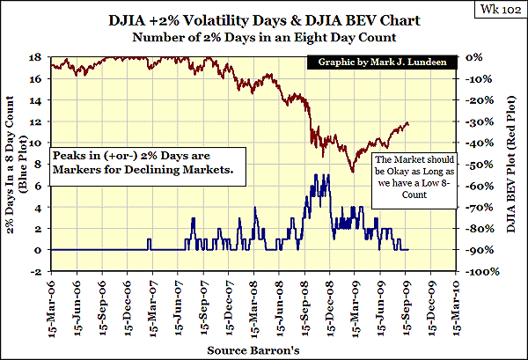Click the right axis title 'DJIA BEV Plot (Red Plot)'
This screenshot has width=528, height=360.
(511, 165)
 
